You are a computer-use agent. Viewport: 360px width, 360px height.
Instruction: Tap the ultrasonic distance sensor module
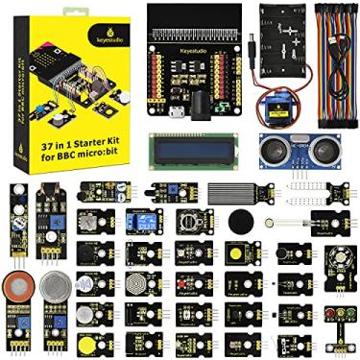pyautogui.click(x=287, y=151)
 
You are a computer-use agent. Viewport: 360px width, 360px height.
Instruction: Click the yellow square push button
pyautogui.click(x=234, y=253)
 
